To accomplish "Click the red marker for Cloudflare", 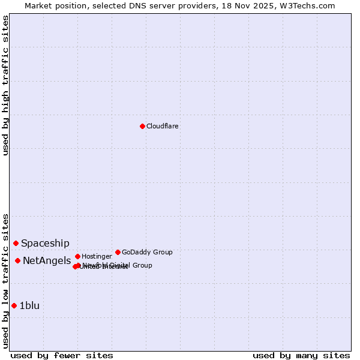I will [x=142, y=126].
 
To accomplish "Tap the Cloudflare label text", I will [x=163, y=127].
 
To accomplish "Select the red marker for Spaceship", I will [x=16, y=243].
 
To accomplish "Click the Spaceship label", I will [x=45, y=243].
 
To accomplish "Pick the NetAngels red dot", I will [x=18, y=260].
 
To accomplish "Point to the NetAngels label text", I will [x=47, y=260].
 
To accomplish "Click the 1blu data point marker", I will [x=14, y=305].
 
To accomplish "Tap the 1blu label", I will [x=30, y=305].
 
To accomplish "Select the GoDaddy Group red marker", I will [x=118, y=252].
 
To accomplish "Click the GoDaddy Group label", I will [x=147, y=253].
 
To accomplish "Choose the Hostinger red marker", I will [x=77, y=256].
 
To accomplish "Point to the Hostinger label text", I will [x=97, y=257].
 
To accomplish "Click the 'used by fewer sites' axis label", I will [x=62, y=355].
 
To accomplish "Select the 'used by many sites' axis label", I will [x=301, y=355].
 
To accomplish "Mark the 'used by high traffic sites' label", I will [x=5, y=85].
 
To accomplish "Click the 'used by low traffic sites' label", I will [x=5, y=280].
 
